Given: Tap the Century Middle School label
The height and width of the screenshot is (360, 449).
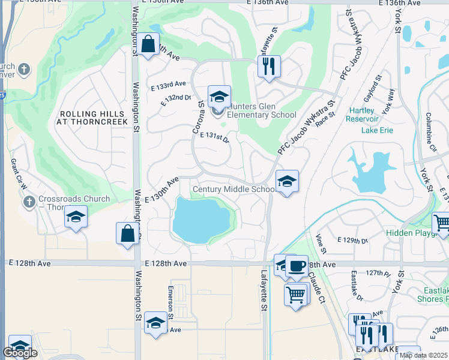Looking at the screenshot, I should (234, 190).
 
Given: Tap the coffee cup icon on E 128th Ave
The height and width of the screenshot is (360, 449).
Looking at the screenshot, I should (296, 266).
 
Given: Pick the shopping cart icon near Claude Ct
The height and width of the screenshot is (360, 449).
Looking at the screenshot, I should (296, 295).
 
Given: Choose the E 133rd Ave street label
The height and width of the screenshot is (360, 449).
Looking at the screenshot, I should (169, 87).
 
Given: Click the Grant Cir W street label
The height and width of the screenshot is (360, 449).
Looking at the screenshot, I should (17, 175).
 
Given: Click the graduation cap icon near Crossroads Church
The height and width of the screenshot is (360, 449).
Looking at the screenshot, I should (76, 217).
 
